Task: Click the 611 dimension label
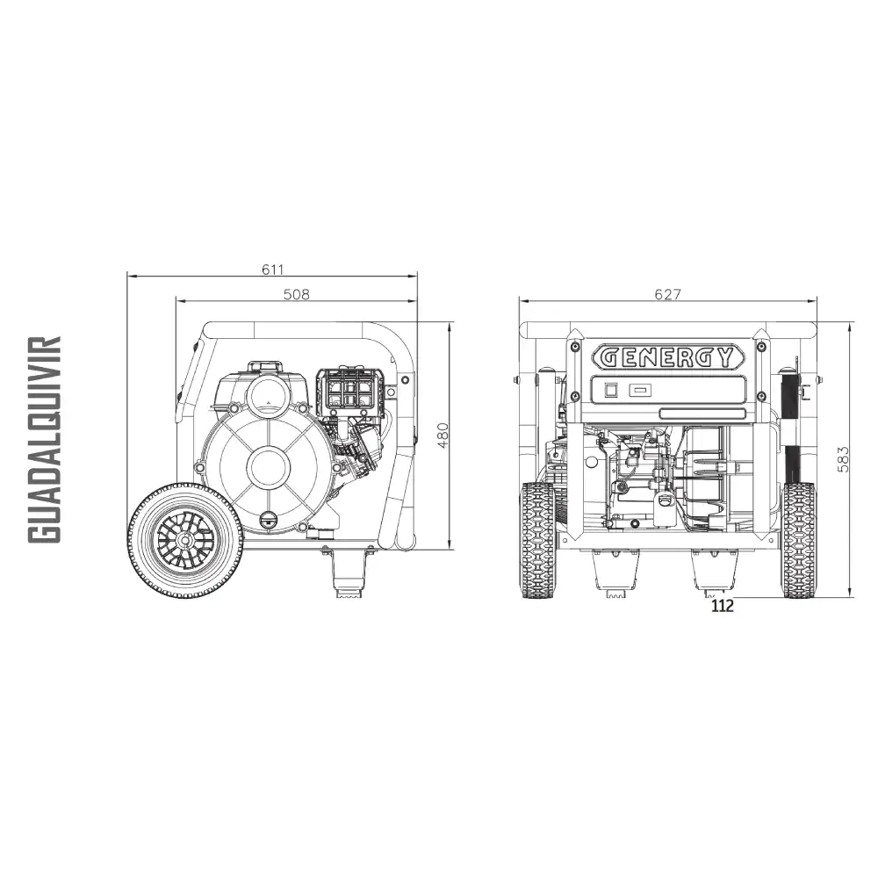[x=273, y=270]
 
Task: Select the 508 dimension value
[x=296, y=294]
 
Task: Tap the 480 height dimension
[x=443, y=435]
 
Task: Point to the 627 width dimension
[x=668, y=294]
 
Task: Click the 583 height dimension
[x=843, y=459]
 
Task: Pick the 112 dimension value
[x=723, y=605]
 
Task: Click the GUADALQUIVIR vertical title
[x=44, y=440]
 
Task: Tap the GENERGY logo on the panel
[x=668, y=356]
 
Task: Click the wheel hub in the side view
[x=184, y=539]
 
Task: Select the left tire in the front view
[x=537, y=540]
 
